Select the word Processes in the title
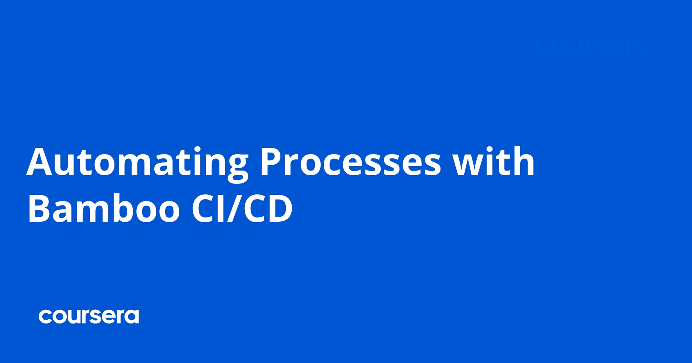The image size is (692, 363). tap(350, 162)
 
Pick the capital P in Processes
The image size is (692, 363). tap(270, 162)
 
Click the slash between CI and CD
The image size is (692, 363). tap(235, 209)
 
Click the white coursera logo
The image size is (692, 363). tap(89, 316)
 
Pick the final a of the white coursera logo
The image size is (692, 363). tap(132, 317)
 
